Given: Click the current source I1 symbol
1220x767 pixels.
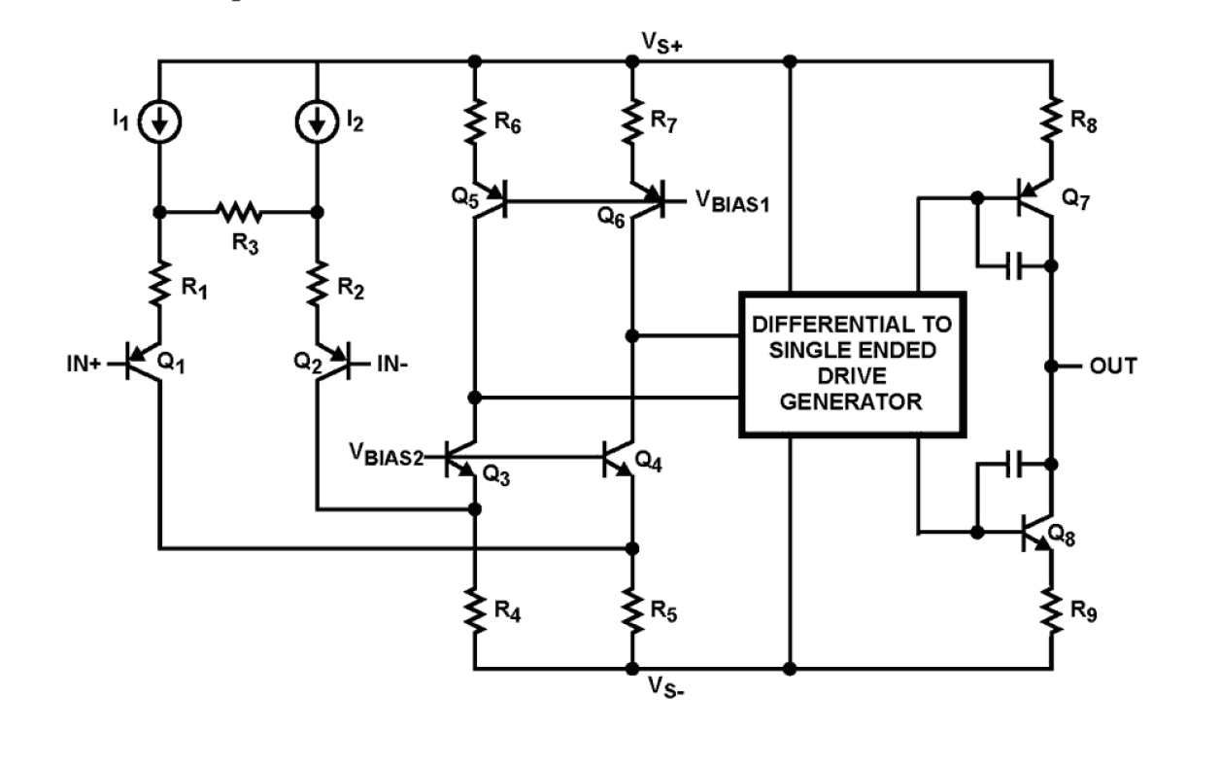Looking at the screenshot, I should [159, 121].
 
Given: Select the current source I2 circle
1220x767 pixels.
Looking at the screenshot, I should [318, 121].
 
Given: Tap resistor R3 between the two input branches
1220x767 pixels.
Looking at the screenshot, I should [238, 210].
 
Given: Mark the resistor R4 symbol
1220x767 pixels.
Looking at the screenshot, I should [474, 610].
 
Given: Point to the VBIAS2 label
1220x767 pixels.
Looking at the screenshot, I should [387, 455].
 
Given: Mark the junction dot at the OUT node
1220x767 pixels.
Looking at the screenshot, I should [1052, 366].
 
